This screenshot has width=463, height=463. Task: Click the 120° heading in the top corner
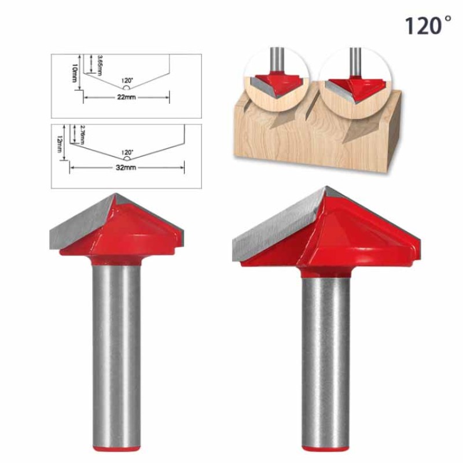pyautogui.click(x=427, y=25)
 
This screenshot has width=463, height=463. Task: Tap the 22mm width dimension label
pyautogui.click(x=126, y=98)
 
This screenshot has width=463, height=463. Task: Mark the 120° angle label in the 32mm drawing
pyautogui.click(x=127, y=152)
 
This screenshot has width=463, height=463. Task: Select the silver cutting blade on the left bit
pyautogui.click(x=81, y=226)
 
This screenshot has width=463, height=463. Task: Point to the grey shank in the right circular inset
pyautogui.click(x=352, y=61)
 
